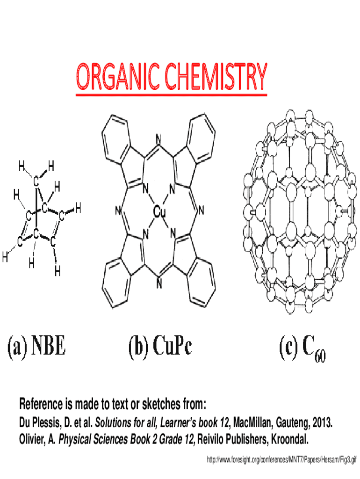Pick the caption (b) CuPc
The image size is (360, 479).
[x=160, y=348]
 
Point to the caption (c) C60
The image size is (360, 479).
[x=302, y=348]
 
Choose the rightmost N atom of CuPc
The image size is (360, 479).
[x=201, y=211]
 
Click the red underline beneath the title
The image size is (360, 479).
[x=171, y=95]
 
